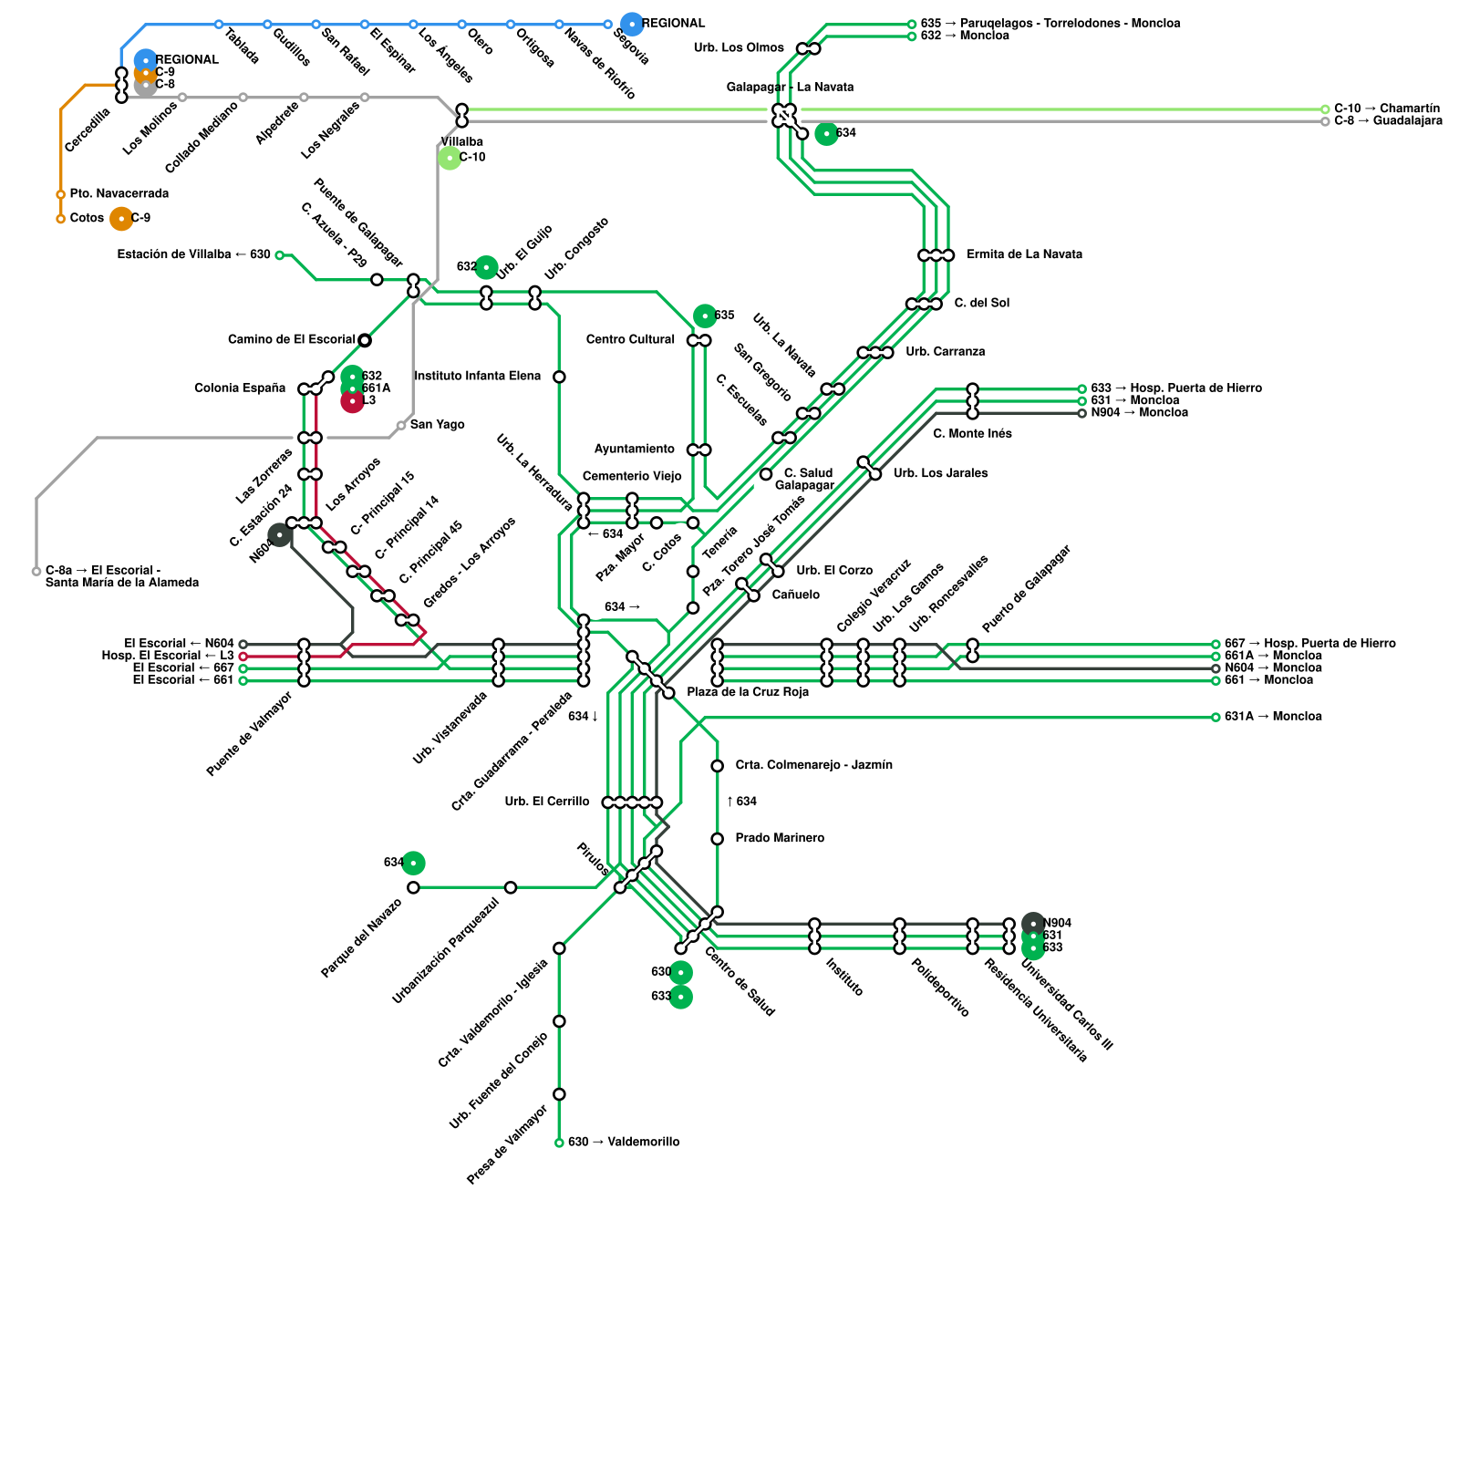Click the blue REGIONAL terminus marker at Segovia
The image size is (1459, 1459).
click(x=631, y=25)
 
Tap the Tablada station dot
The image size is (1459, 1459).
click(x=219, y=25)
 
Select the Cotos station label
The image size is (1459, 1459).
click(x=87, y=219)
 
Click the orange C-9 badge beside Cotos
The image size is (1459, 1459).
click(x=121, y=219)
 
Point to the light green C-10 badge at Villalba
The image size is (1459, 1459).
click(x=450, y=158)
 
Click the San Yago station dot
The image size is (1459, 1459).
click(x=401, y=426)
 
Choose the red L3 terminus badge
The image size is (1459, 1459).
click(x=352, y=401)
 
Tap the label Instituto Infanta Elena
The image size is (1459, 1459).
click(x=477, y=377)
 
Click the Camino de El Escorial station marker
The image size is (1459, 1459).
click(x=365, y=340)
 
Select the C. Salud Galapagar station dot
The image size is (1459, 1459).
click(x=766, y=474)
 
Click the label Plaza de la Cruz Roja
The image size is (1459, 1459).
click(x=748, y=692)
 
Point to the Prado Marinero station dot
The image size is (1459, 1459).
click(x=718, y=839)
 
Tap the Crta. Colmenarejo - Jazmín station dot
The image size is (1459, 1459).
click(x=718, y=766)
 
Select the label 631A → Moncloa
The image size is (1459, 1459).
click(x=1273, y=717)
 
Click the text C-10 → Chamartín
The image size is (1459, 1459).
click(x=1387, y=109)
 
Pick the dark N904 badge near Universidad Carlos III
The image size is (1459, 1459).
click(x=1033, y=923)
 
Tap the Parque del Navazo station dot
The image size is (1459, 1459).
click(x=414, y=887)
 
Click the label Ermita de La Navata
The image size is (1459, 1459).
click(x=1024, y=255)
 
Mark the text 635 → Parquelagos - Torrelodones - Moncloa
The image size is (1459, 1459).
click(x=1050, y=24)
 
